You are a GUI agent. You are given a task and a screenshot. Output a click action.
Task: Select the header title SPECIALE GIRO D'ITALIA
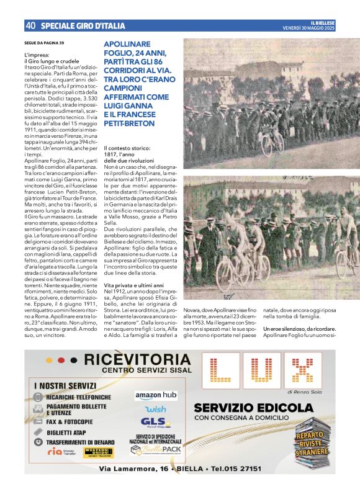point(83,26)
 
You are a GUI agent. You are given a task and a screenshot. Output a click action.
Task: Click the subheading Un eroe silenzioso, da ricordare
point(299,328)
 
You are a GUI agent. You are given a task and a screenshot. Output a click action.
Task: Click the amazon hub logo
point(156,395)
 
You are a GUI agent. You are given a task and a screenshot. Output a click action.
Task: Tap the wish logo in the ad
point(156,410)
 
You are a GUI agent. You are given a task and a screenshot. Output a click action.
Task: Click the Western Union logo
point(96,452)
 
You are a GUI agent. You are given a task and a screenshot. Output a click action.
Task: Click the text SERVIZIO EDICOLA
point(253,408)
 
